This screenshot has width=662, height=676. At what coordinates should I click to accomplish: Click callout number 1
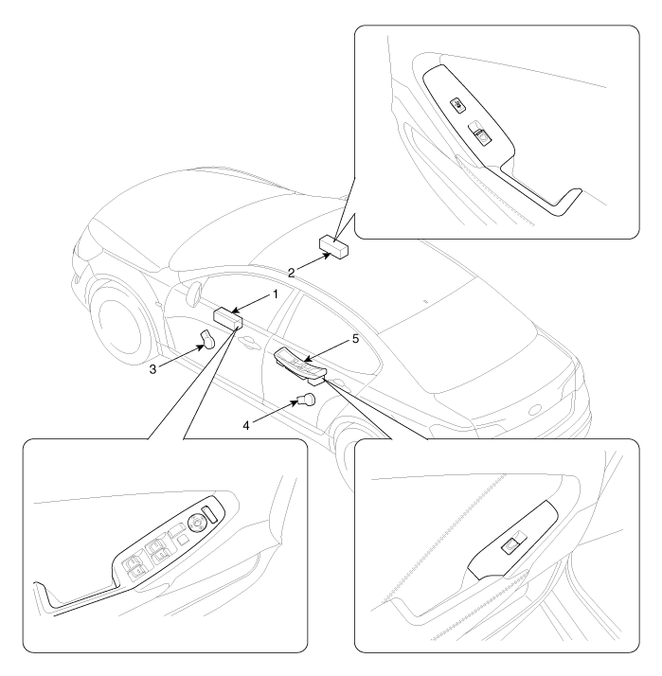coord(276,294)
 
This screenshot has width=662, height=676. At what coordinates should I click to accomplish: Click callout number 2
coord(292,273)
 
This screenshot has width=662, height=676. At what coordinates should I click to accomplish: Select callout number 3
coord(152,369)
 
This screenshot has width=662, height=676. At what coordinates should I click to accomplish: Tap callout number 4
coord(246,426)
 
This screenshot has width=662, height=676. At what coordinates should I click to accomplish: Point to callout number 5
coord(355,339)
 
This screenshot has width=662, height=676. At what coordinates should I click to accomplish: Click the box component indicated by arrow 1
coord(228,318)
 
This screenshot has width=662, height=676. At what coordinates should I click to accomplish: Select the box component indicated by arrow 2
coord(333,246)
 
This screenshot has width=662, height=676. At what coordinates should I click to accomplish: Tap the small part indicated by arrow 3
coord(208,339)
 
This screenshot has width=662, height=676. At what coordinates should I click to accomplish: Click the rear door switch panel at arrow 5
coord(299,365)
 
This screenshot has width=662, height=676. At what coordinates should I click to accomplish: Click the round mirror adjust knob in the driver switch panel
coord(195,523)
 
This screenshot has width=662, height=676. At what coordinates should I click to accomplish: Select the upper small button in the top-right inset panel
coord(458,105)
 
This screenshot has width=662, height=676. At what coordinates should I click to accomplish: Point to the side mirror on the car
coord(193,293)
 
